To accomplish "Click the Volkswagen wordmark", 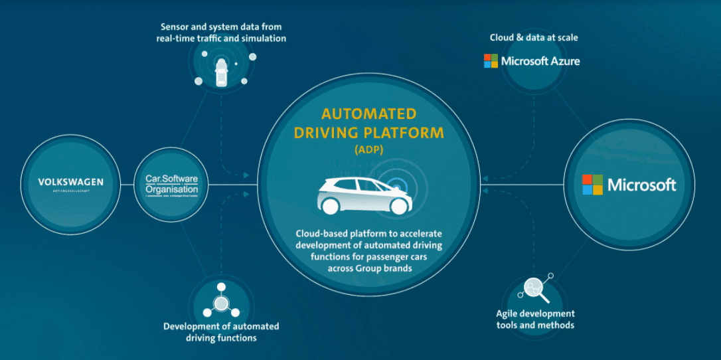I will coord(70,182).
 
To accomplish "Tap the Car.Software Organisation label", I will coord(172,184).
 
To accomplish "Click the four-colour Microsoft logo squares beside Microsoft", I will coord(592,185).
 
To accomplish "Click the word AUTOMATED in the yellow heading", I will coord(368,114).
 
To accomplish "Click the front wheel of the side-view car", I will coord(398,206).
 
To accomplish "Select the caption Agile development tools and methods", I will coord(535,319).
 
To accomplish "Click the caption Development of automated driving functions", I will coord(221,332).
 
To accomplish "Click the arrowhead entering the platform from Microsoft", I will coord(485,177).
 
